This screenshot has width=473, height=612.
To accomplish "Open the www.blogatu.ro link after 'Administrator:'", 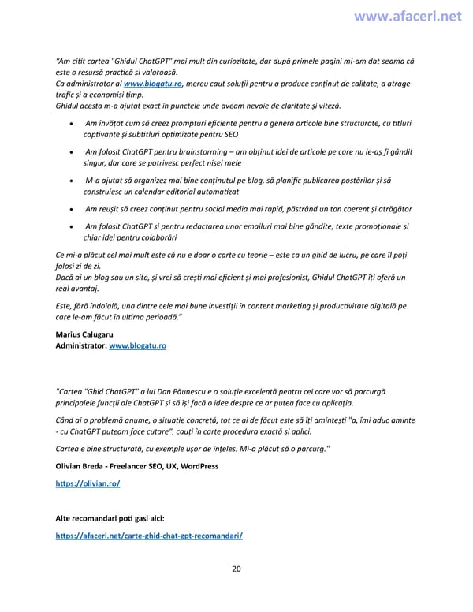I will click(137, 345).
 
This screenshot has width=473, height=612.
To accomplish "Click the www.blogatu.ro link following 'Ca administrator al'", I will click(153, 84).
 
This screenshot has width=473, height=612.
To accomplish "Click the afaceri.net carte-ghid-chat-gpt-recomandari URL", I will click(149, 535).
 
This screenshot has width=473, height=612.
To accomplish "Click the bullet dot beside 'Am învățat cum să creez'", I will click(73, 124).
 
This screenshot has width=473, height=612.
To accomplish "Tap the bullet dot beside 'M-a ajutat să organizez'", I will click(73, 181).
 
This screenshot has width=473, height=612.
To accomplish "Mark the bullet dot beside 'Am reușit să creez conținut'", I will click(73, 209).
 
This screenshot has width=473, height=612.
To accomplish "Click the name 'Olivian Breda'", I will click(80, 466).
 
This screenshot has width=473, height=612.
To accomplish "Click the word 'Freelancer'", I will click(135, 466).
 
